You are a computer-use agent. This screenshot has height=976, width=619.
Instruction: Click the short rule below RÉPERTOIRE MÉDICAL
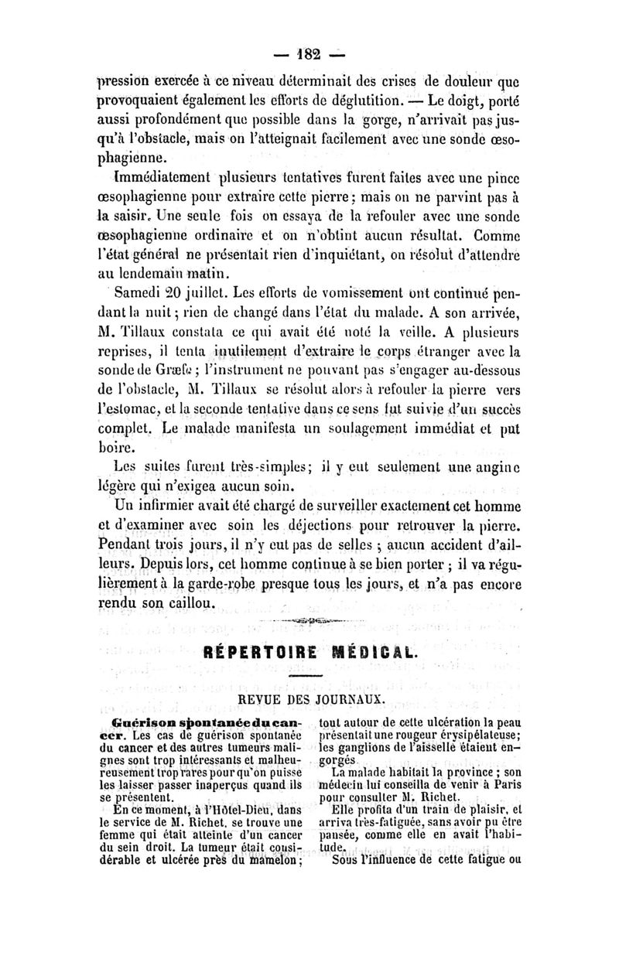pyautogui.click(x=309, y=677)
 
